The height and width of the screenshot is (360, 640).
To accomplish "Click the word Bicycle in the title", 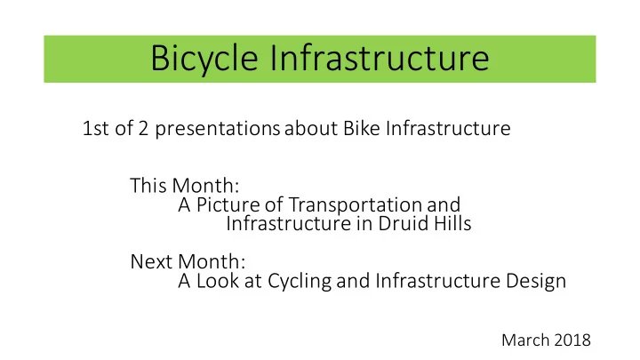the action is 204,59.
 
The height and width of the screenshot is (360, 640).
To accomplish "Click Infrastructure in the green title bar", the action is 380,58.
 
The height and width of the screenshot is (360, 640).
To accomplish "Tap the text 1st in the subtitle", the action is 95,128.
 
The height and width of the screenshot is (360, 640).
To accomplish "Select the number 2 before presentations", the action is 143,128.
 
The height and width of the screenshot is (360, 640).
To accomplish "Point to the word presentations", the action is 217,129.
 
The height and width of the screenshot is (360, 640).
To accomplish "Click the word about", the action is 311,128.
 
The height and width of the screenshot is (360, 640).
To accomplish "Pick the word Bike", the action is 361,128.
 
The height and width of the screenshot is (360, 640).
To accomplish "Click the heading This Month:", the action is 185,185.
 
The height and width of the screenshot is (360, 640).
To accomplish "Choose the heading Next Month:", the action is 188,261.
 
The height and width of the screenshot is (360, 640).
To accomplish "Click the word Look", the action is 217,281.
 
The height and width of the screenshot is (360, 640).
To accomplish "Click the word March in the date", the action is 525,340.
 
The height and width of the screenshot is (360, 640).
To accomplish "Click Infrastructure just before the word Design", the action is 438,281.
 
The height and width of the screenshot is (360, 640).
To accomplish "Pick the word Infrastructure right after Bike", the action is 448,128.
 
